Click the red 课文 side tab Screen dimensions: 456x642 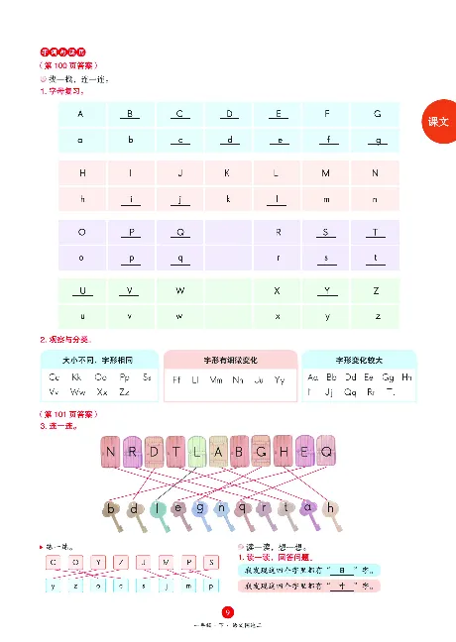pos(438,121)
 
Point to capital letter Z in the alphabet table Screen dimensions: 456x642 pos(377,291)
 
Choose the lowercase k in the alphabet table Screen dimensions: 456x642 pos(228,199)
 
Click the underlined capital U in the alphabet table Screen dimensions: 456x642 pos(80,291)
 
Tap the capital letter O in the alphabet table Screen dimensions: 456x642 pos(80,232)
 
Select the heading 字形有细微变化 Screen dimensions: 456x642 pos(229,359)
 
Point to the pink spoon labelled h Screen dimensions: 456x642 pos(331,509)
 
